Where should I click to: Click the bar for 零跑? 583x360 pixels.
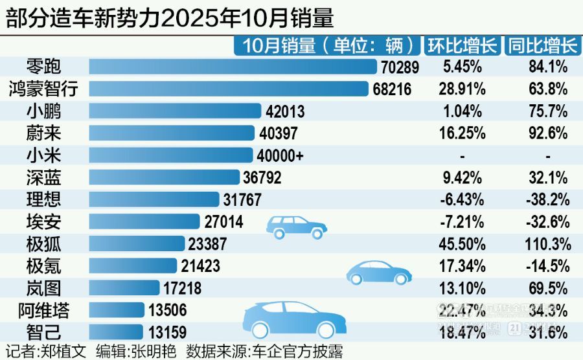233,67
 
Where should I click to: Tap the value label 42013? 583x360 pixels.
285,111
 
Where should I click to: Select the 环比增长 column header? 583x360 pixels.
462,45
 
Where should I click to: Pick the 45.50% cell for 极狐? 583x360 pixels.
463,244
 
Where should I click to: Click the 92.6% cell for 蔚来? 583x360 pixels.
548,133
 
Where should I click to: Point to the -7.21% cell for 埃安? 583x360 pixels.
463,222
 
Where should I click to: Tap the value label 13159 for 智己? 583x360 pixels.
167,333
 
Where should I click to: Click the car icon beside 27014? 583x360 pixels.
296,226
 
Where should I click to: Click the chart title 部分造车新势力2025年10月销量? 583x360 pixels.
170,18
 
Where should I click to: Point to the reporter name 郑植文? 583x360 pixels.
64,352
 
